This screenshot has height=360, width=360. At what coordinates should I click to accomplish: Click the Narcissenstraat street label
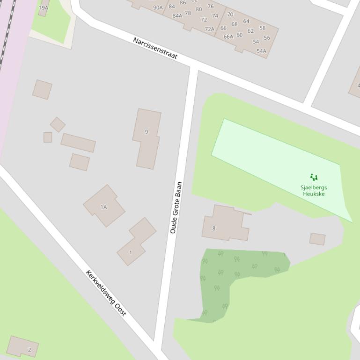pyautogui.click(x=155, y=48)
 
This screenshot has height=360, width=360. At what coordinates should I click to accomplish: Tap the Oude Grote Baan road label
pyautogui.click(x=176, y=208)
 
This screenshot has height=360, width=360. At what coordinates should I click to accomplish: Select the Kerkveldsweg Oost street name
pyautogui.click(x=106, y=293)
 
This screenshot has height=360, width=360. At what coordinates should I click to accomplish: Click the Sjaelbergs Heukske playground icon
pyautogui.click(x=314, y=177)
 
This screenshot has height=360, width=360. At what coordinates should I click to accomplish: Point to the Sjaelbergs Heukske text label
pyautogui.click(x=314, y=191)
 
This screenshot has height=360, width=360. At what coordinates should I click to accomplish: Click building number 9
pyautogui.click(x=147, y=132)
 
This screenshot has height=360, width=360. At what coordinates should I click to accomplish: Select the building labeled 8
pyautogui.click(x=214, y=228)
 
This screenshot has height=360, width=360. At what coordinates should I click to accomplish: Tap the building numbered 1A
pyautogui.click(x=104, y=207)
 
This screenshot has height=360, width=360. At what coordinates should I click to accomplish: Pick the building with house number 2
pyautogui.click(x=29, y=349)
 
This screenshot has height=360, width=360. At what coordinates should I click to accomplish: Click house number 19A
pyautogui.click(x=44, y=7)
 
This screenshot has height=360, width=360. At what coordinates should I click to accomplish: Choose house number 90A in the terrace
pyautogui.click(x=158, y=7)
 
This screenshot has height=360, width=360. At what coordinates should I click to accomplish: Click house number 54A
pyautogui.click(x=261, y=51)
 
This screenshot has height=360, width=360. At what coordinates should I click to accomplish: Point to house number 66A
pyautogui.click(x=228, y=37)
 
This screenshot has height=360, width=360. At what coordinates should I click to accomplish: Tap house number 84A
pyautogui.click(x=177, y=15)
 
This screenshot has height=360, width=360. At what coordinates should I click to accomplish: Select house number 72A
pyautogui.click(x=209, y=29)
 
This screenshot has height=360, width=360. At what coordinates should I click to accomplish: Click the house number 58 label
pyautogui.click(x=262, y=28)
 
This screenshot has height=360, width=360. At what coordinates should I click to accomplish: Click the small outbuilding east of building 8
pyautogui.click(x=317, y=239)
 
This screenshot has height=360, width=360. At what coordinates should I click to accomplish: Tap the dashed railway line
pyautogui.click(x=7, y=33)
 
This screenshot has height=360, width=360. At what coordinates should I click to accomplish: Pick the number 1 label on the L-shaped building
pyautogui.click(x=131, y=252)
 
